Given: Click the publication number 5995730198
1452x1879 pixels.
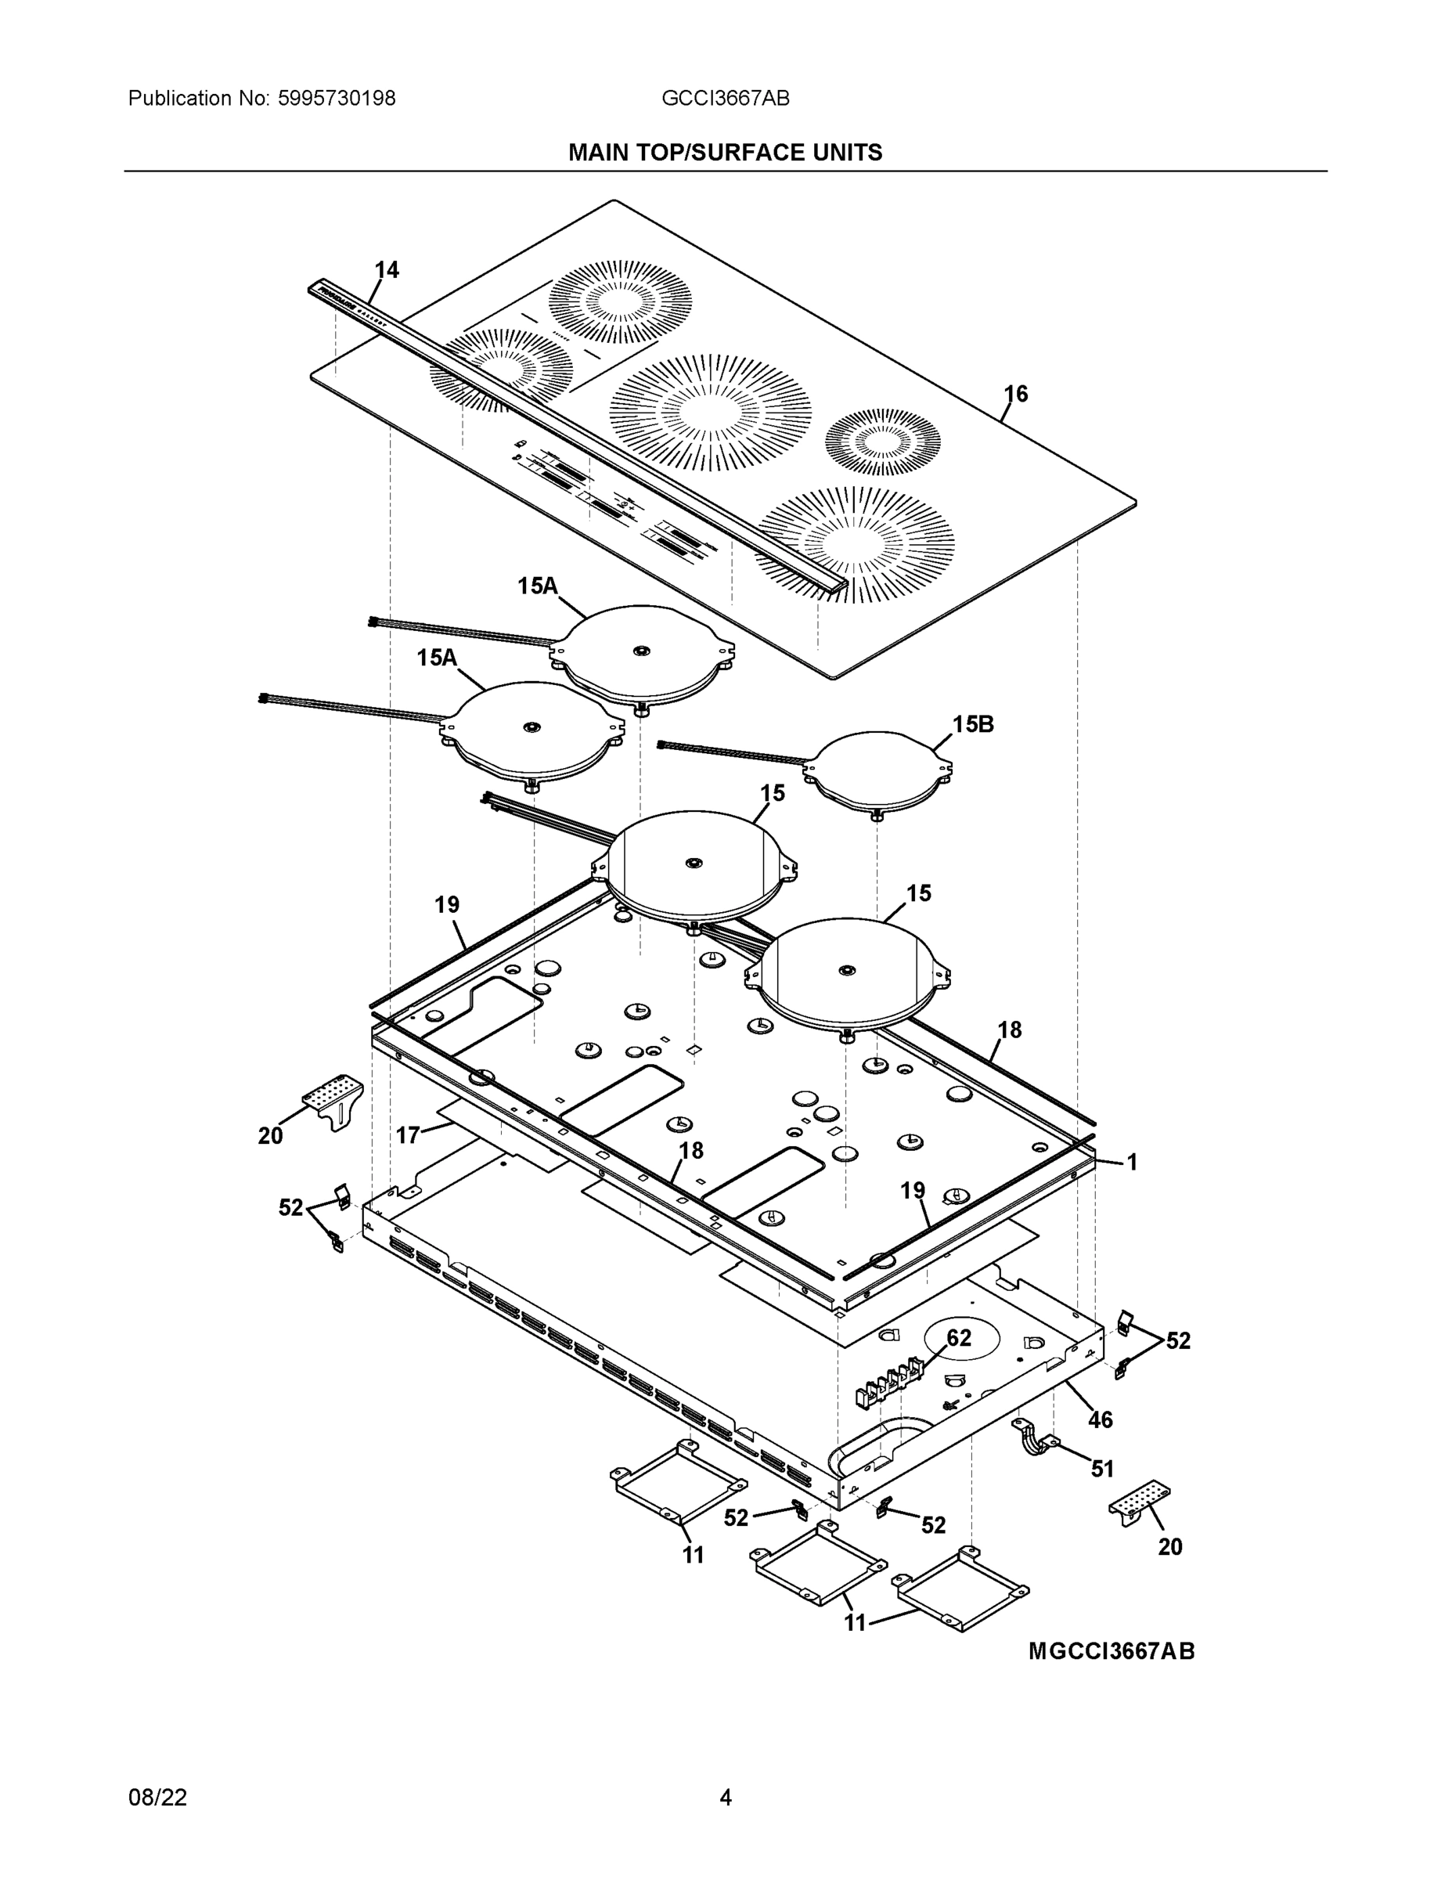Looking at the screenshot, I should click(x=337, y=99).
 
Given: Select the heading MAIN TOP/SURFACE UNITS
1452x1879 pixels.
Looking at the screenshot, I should click(x=725, y=153).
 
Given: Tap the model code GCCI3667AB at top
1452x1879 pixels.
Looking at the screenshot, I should click(x=725, y=99).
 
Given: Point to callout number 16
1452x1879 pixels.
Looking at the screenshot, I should click(x=1016, y=394).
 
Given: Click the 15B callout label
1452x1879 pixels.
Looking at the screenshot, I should click(x=973, y=724).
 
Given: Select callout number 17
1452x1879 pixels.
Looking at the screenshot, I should click(x=407, y=1136).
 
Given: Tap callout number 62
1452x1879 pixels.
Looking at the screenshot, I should click(x=958, y=1339).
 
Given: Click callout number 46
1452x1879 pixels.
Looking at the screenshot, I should click(x=1101, y=1419).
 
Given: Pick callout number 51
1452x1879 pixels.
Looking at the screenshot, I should click(x=1102, y=1470).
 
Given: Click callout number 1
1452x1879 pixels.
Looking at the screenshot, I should click(x=1132, y=1163).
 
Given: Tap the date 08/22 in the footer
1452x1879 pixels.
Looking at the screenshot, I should click(x=157, y=1798).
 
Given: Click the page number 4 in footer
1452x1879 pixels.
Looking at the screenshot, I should click(x=725, y=1798).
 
